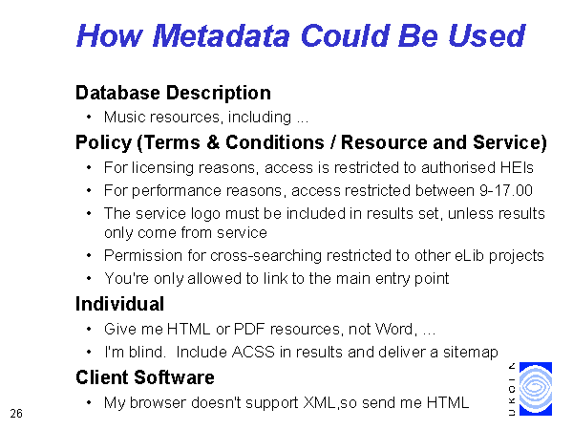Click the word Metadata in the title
[222, 36]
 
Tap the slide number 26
[16, 414]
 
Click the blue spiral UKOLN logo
[536, 389]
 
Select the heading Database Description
[173, 93]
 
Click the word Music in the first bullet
[124, 117]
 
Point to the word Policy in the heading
[103, 142]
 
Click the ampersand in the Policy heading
[213, 141]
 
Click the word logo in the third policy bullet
[206, 214]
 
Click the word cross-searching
[265, 256]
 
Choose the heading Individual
[119, 304]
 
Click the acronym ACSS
[253, 352]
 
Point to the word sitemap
[471, 353]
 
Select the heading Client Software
[145, 377]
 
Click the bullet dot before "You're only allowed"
[89, 278]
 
